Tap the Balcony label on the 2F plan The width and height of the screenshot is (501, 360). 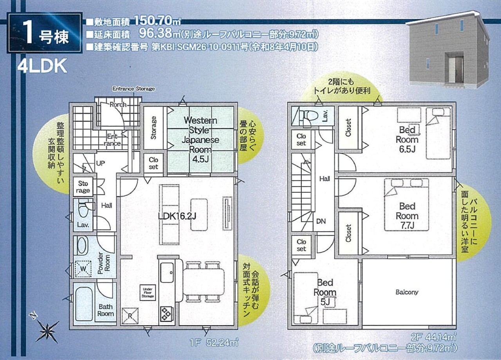407,292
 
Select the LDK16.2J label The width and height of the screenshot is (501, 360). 177,216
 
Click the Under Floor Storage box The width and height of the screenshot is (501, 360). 148,293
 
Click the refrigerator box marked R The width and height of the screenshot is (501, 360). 130,316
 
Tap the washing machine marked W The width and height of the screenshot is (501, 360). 83,269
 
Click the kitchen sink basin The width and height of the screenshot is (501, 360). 167,273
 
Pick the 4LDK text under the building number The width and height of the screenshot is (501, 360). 42,65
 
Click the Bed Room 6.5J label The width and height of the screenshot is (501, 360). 407,139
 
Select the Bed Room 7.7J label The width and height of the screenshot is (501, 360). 407,216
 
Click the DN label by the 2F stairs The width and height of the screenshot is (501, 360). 321,221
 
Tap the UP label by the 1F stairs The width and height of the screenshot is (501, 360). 101,163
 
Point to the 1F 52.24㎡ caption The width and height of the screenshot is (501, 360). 214,343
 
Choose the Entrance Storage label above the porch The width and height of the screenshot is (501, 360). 133,89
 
